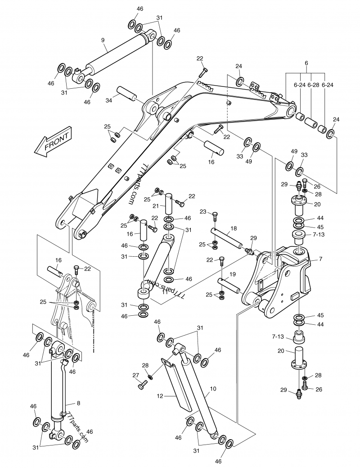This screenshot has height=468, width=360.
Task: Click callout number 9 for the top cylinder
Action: [103, 40]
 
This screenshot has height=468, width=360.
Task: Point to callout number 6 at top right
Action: [306, 63]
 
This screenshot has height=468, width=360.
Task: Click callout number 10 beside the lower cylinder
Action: [213, 388]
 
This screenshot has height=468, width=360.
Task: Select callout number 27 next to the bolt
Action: [135, 375]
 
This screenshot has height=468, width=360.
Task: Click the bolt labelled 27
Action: [143, 385]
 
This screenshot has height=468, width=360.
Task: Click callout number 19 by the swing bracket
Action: [233, 274]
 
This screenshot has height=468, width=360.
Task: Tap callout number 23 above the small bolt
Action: [202, 212]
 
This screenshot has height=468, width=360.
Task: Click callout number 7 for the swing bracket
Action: [321, 259]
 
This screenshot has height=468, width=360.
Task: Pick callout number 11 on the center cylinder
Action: [153, 291]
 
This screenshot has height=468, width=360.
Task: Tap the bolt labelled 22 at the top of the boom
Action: [204, 71]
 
